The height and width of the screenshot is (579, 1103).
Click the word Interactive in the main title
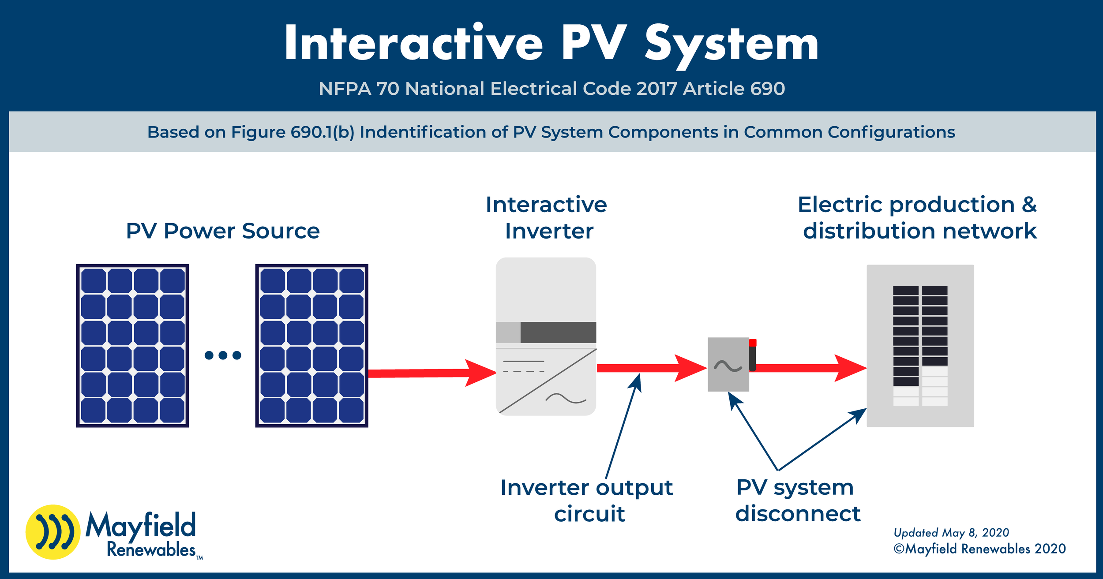(413, 43)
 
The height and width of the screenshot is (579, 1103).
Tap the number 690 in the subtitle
(767, 89)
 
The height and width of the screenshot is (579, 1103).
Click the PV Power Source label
(223, 231)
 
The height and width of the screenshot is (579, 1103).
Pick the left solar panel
(132, 345)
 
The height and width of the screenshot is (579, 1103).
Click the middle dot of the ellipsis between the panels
(223, 355)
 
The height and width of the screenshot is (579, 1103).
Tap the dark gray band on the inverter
(558, 332)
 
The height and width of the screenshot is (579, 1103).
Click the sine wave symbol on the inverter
(566, 399)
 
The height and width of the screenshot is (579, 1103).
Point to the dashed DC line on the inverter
(524, 371)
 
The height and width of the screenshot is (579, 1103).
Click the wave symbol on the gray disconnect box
(728, 366)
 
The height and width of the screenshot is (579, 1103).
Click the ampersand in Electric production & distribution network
(1029, 205)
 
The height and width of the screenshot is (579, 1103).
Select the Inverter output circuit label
(587, 501)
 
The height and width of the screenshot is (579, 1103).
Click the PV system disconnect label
(797, 501)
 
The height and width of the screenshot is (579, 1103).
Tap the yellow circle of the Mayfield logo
(53, 532)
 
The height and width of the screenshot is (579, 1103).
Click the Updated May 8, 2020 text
(951, 532)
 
